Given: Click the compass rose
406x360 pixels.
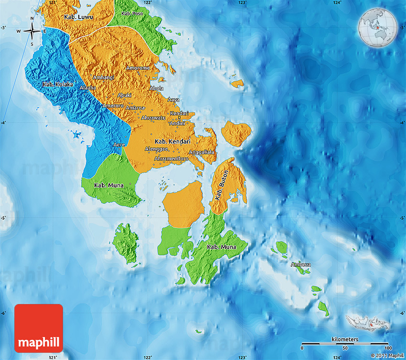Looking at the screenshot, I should tap(32, 32).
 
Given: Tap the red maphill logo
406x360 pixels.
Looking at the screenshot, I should tap(39, 328).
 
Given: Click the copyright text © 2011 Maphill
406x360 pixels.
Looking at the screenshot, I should tap(387, 355).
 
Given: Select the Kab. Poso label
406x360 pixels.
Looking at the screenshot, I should tap(132, 13).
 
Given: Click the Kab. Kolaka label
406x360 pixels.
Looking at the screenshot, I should tap(58, 85).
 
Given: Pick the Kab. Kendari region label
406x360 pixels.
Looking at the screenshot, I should tap(173, 142).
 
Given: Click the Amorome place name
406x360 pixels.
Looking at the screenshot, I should tap(138, 68).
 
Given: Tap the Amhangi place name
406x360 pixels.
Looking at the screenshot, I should tap(104, 78).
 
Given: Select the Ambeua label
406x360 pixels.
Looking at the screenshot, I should tap(301, 264).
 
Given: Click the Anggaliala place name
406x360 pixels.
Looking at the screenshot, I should tap(202, 152).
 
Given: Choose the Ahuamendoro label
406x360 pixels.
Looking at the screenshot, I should tap(171, 158).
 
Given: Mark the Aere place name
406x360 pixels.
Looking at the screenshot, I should tap(118, 145).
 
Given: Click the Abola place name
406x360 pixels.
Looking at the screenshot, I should tap(156, 89).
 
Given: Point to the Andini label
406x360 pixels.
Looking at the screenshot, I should tap(177, 123).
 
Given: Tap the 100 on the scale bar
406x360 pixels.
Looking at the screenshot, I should tap(387, 348).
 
